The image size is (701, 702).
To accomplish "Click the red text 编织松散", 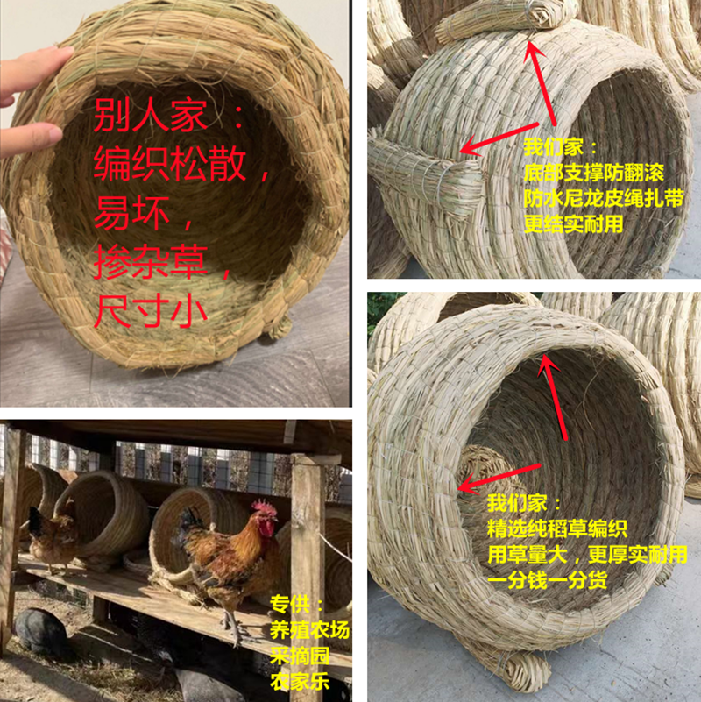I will point(170,165).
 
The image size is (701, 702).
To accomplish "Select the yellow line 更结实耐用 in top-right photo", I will point(573,224).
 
